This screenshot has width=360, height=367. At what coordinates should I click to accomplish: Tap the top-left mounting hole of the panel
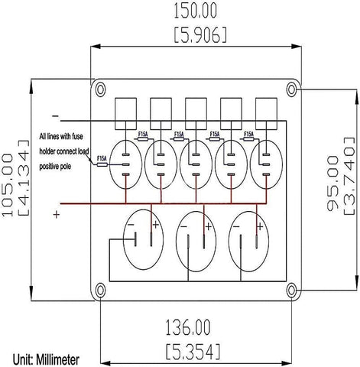(100, 88)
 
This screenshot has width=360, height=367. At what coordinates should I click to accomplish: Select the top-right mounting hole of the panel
(291, 88)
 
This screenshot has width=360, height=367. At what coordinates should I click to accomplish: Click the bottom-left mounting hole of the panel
(100, 289)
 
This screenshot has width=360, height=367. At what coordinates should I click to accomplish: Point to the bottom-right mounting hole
(291, 289)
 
